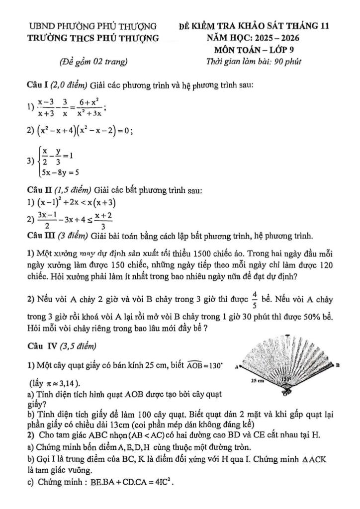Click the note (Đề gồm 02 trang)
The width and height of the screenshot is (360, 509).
tap(93, 62)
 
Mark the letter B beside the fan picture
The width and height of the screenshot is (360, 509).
tap(338, 365)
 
